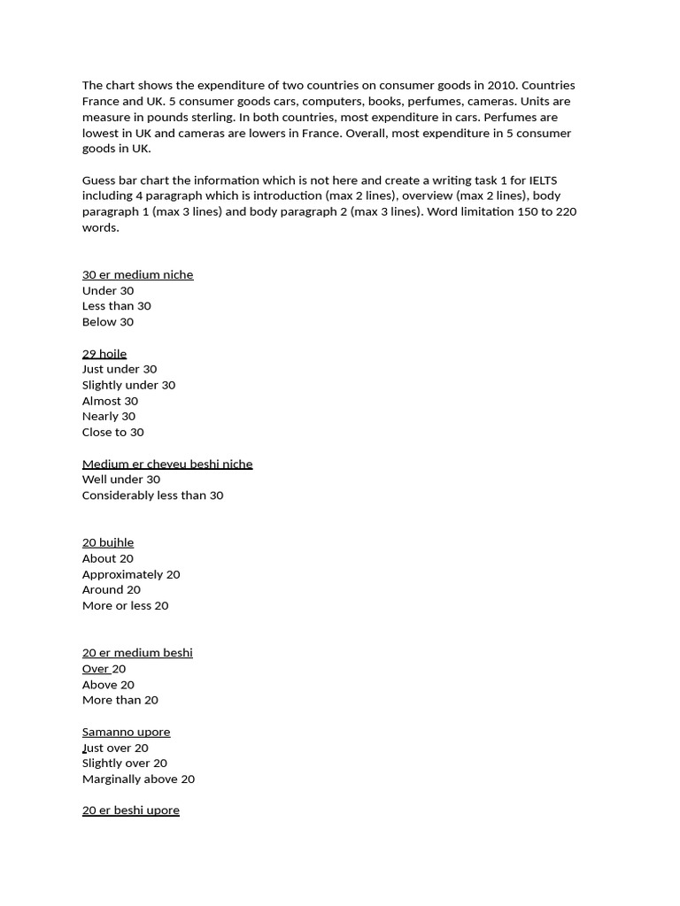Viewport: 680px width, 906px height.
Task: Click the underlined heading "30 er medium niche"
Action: pyautogui.click(x=137, y=274)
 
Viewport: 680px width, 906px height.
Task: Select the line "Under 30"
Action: pyautogui.click(x=108, y=290)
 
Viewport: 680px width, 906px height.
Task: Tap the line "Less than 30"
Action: pyautogui.click(x=117, y=306)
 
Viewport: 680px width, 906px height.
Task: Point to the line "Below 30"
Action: pyautogui.click(x=108, y=322)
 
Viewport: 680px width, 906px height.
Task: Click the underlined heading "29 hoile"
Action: pyautogui.click(x=104, y=353)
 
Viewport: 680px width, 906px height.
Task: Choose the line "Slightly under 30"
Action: pyautogui.click(x=128, y=385)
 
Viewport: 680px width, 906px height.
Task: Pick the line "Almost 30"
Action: pyautogui.click(x=110, y=401)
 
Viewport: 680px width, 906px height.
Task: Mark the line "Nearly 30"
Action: pyautogui.click(x=109, y=416)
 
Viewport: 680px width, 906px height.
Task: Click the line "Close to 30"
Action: pyautogui.click(x=112, y=432)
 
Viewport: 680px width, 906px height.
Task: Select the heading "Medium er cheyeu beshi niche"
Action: pyautogui.click(x=167, y=464)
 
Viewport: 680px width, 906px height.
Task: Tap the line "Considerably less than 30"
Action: pyautogui.click(x=152, y=495)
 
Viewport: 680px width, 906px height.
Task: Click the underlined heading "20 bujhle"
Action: pyautogui.click(x=108, y=542)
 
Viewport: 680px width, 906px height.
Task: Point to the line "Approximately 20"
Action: pyautogui.click(x=131, y=574)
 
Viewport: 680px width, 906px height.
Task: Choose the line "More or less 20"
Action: pyautogui.click(x=125, y=605)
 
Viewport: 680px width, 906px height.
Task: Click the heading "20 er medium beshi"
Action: pyautogui.click(x=137, y=653)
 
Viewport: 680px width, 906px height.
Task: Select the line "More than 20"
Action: pyautogui.click(x=120, y=700)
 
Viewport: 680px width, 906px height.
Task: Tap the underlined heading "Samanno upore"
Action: pyautogui.click(x=126, y=732)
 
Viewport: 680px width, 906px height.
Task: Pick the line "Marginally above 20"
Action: pyautogui.click(x=138, y=779)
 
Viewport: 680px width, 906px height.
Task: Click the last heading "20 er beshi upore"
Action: pyautogui.click(x=131, y=810)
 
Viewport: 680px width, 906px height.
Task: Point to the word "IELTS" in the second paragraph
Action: pyautogui.click(x=542, y=180)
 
